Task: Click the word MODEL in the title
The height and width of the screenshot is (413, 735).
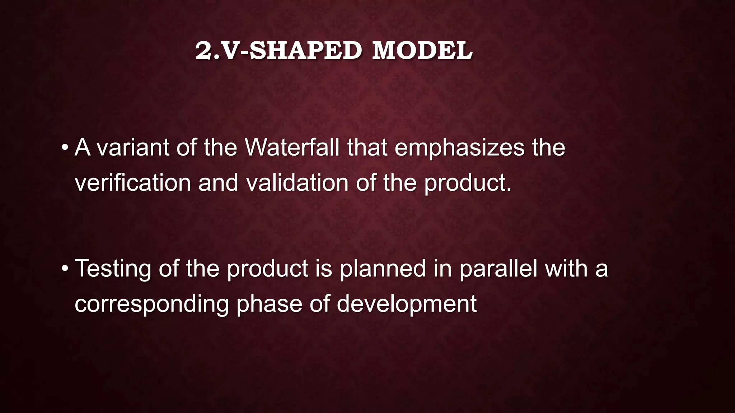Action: tap(422, 51)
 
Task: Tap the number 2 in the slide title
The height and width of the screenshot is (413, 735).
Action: tap(203, 51)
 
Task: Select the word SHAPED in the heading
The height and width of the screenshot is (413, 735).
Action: tap(305, 51)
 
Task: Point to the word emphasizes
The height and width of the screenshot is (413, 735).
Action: tap(459, 147)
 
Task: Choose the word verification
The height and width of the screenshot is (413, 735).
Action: tap(132, 182)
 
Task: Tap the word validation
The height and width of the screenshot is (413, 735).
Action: tap(297, 182)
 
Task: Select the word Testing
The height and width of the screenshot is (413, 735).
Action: tap(113, 269)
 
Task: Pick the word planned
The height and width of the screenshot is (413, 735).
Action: tap(383, 269)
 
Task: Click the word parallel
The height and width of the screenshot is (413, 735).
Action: tap(498, 269)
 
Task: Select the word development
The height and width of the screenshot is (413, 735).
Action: tap(406, 304)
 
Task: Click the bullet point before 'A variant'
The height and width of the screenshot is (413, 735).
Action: tap(65, 147)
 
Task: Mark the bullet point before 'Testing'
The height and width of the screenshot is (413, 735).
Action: tap(65, 269)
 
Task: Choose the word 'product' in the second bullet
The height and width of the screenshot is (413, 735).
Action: tap(267, 269)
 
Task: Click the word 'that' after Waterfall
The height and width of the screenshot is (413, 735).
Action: tap(367, 147)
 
